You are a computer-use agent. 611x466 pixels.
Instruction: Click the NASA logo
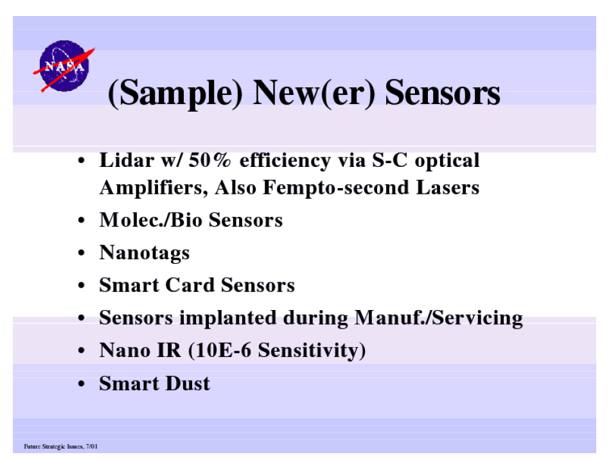pos(64,66)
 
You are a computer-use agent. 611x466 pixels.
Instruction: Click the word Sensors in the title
pos(443,92)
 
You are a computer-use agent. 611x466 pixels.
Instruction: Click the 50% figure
pos(209,160)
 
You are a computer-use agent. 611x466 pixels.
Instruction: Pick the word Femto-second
pos(336,187)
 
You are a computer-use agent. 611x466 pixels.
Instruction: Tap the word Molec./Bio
pos(151,220)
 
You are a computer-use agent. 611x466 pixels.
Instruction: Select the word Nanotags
pos(145,253)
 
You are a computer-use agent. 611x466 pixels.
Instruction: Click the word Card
pos(190,285)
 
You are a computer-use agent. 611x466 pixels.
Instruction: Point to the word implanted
pos(228,318)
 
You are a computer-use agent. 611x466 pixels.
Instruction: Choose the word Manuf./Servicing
pos(438,318)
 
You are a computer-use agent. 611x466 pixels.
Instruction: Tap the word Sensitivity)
pos(312,350)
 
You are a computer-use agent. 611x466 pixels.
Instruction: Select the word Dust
pos(188,383)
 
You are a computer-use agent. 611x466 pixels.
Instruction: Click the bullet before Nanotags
pos(81,253)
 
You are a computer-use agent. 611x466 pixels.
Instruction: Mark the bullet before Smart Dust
pos(81,384)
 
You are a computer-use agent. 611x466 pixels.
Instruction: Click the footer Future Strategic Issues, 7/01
pos(61,447)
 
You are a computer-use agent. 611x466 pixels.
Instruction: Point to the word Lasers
pos(447,187)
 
